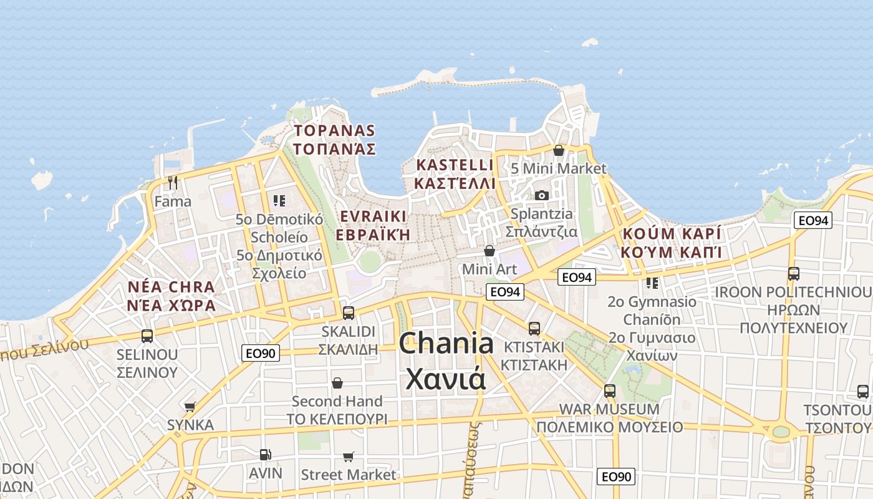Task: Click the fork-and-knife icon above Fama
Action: pos(173,182)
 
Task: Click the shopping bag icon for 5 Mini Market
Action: pos(559,150)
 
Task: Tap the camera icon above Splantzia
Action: pos(541,195)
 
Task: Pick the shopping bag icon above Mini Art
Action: pos(490,251)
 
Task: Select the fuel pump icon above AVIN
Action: pos(265,455)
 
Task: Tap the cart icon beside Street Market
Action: pos(348,457)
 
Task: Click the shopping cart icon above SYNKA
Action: pos(190,407)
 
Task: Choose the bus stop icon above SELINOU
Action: pos(147,336)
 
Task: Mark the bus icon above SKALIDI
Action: pos(348,313)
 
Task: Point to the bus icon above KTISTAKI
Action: pos(534,329)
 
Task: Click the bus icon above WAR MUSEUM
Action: pos(609,391)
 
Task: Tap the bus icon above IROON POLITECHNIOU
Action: pos(793,273)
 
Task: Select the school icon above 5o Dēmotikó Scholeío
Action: pos(279,200)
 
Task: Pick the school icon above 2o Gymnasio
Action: pos(652,283)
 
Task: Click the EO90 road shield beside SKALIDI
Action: pos(260,353)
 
